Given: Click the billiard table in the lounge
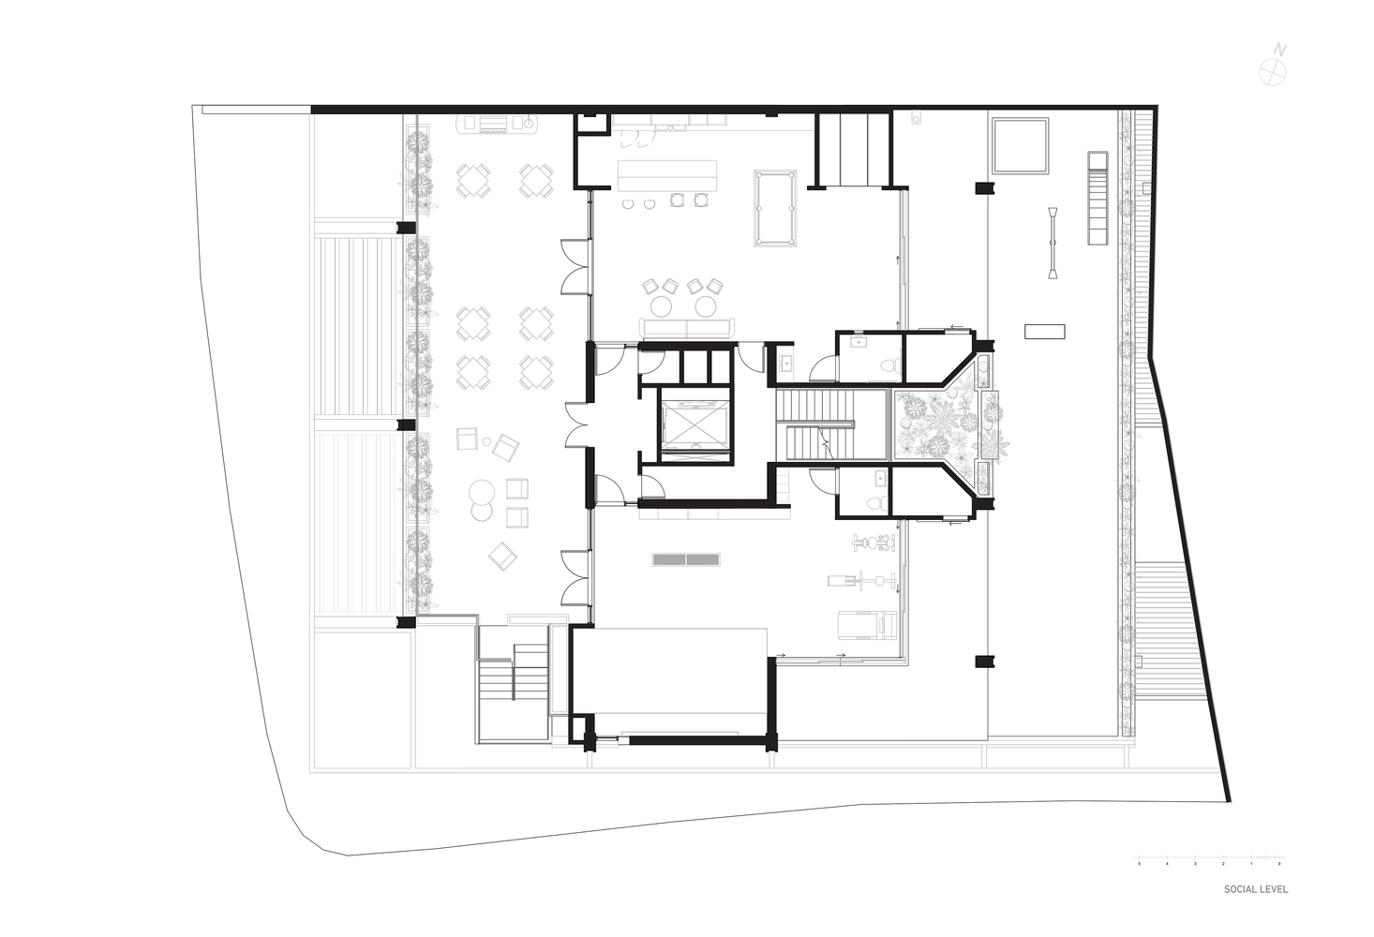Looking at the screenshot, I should (774, 208).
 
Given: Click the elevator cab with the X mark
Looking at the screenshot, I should (694, 427).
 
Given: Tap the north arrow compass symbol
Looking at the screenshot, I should (1272, 67).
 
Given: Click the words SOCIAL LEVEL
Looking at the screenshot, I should (1255, 889).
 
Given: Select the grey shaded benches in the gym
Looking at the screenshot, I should (686, 559).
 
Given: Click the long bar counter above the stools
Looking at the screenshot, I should (667, 174).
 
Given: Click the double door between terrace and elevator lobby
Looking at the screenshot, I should (576, 425).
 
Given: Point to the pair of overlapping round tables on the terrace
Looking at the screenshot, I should (483, 498).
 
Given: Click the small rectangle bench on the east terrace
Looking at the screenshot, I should (1044, 331).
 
